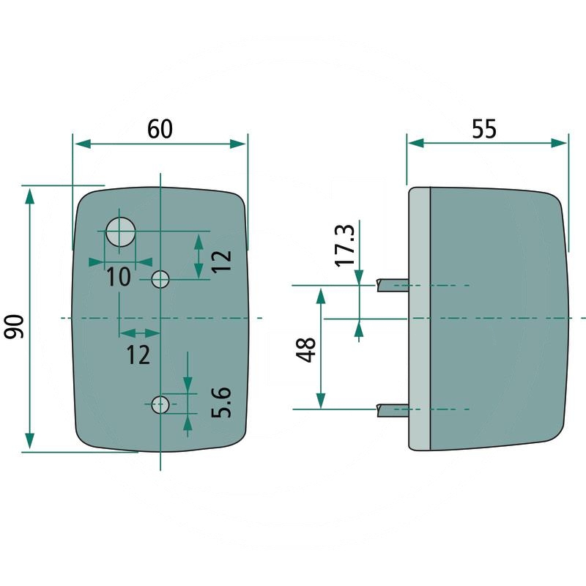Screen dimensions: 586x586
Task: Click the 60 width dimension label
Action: coord(160,128)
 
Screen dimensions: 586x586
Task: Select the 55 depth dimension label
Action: coord(483,128)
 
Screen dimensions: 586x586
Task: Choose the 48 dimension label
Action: coord(307,349)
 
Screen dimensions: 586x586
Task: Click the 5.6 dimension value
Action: coord(220,403)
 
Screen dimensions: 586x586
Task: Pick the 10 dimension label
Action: coord(118,277)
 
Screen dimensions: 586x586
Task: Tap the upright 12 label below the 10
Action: coord(138,355)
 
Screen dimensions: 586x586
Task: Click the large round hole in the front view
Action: coord(121,232)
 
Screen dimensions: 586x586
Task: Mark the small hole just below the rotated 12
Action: coord(160,278)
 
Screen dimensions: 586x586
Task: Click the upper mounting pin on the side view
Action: coord(392,285)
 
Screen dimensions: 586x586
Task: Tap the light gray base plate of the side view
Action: coord(419,319)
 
